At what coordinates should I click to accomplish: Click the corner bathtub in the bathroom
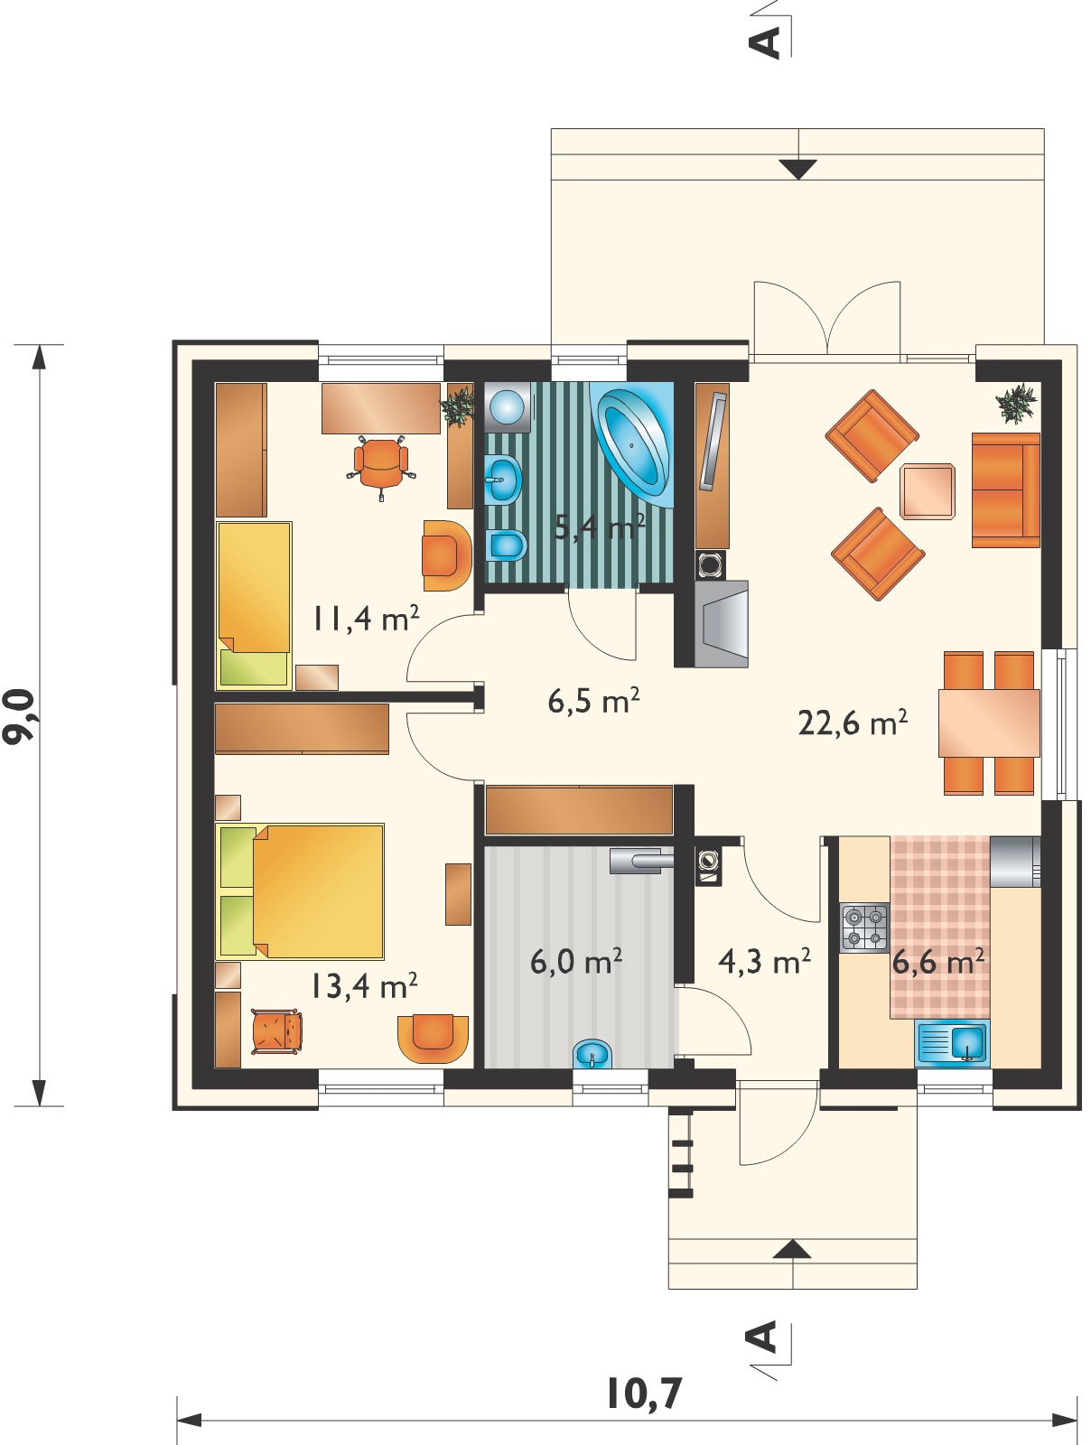pos(635,445)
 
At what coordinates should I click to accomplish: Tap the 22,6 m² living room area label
pos(853,722)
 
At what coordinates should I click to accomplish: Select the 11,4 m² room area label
pos(365,618)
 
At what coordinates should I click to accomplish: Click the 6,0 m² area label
pos(576,962)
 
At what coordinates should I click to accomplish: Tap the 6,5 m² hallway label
pos(593,701)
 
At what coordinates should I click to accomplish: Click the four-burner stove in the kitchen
pos(864,928)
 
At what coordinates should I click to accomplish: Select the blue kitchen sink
pos(952,1043)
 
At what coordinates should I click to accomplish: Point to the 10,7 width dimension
pos(644,1392)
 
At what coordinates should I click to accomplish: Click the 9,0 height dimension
pos(21,716)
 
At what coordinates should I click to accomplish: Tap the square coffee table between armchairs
pos(928,491)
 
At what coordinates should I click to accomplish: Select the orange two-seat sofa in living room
pos(1006,489)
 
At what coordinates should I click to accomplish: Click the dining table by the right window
pos(989,723)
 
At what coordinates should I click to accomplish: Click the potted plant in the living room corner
pos(1017,403)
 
